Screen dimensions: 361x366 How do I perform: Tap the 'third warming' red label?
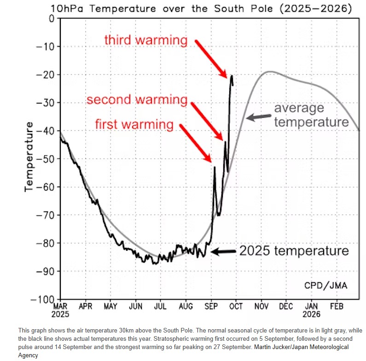point(145,40)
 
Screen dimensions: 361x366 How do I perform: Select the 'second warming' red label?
point(137,100)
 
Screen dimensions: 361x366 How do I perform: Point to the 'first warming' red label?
point(134,124)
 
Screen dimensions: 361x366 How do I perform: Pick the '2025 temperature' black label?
point(294,251)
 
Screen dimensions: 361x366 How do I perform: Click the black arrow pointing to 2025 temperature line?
point(223,252)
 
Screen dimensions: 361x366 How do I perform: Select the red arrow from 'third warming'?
point(210,58)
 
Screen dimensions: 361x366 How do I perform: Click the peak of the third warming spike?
point(232,76)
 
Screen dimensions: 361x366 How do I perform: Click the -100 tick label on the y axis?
point(46,299)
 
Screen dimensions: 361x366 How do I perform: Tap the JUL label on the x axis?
point(161,306)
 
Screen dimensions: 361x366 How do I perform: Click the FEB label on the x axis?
point(337,306)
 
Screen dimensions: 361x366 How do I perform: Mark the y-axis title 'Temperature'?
point(29,156)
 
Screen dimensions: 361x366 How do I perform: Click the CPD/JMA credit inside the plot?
point(326,285)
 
